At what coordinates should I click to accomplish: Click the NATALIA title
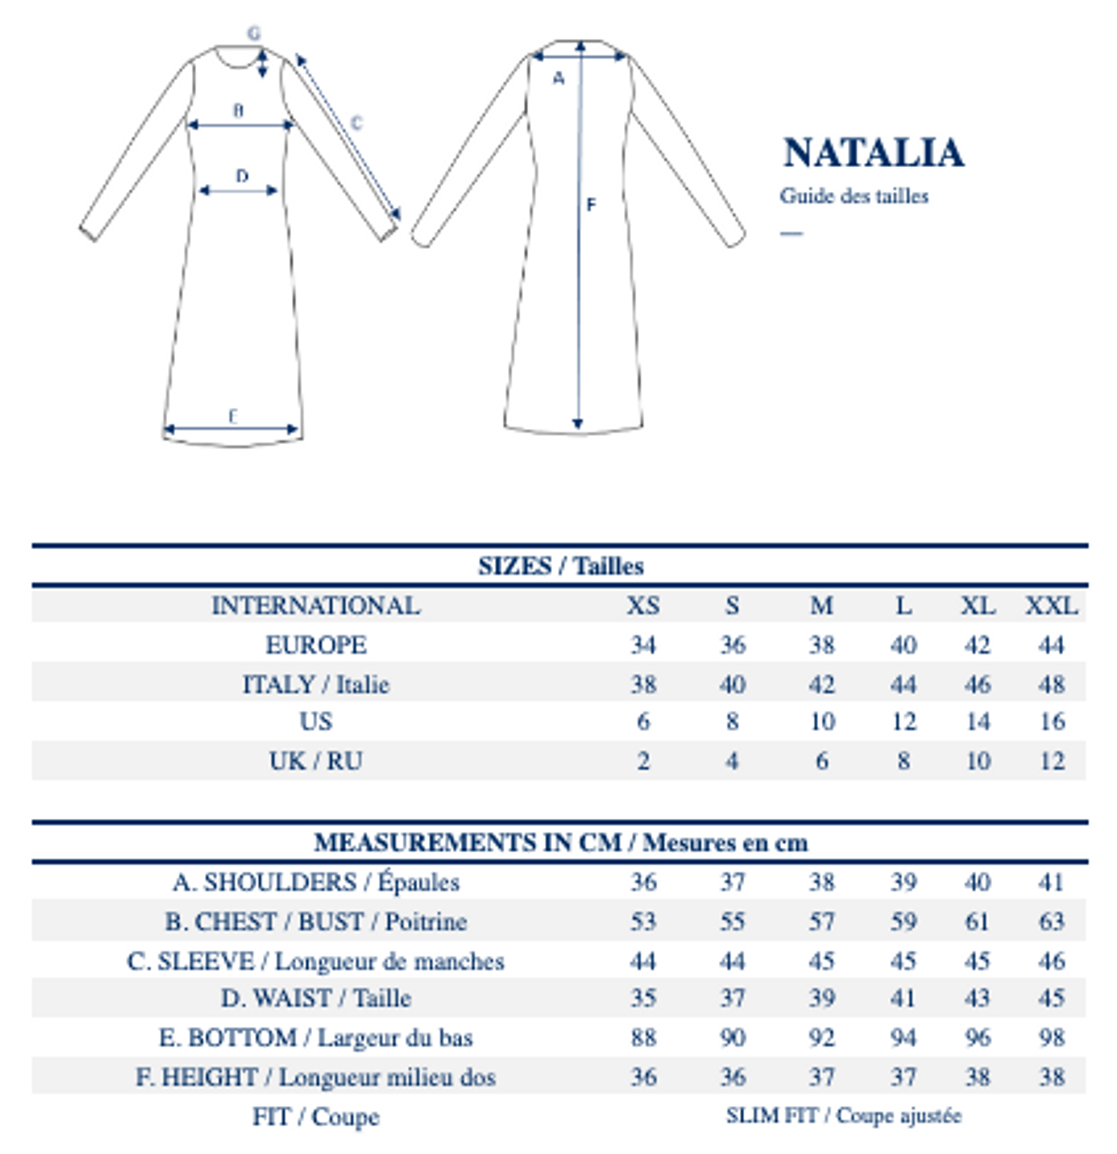[873, 153]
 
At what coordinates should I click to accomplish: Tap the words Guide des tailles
[853, 196]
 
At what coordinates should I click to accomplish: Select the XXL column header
[1052, 605]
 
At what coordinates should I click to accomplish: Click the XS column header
[642, 605]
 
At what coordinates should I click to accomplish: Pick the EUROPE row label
[316, 644]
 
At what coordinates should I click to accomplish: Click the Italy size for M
[821, 684]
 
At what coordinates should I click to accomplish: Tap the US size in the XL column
[978, 721]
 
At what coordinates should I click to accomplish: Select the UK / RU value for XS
[643, 761]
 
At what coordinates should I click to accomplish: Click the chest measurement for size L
[903, 921]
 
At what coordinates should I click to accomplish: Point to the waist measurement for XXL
[1052, 998]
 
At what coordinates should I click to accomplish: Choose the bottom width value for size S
[732, 1037]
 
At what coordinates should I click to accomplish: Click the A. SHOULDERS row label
[316, 882]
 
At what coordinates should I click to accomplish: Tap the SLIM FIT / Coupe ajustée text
[843, 1116]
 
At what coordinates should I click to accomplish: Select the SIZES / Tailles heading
[560, 566]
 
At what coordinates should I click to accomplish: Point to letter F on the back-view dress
[591, 205]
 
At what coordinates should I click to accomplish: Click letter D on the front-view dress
[242, 176]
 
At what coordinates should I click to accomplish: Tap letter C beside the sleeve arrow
[357, 122]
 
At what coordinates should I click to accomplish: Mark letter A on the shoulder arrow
[559, 79]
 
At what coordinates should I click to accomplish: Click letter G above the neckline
[254, 33]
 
